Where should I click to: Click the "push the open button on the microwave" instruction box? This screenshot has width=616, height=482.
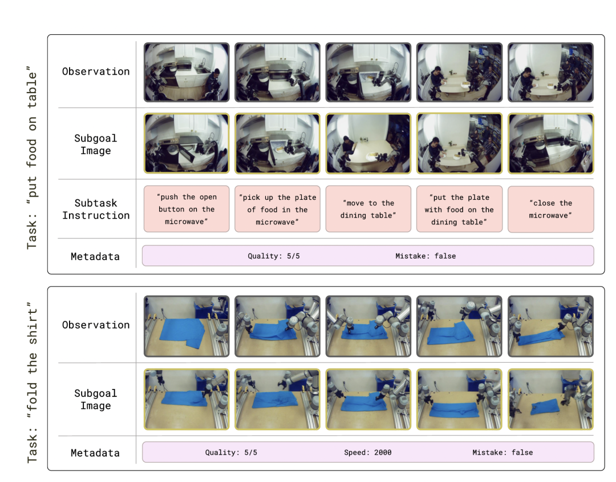[187, 209]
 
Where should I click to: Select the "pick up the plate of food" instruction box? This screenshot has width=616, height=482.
[277, 209]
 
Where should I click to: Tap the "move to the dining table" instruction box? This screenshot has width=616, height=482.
[368, 209]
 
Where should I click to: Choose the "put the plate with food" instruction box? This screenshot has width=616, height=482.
[459, 209]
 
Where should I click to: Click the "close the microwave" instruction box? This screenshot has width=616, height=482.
[551, 209]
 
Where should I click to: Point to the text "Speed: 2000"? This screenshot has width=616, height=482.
[368, 452]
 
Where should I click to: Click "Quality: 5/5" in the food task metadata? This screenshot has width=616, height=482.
[273, 256]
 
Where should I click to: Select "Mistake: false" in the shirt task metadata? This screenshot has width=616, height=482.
[502, 452]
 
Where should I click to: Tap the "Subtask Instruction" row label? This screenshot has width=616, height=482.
[96, 210]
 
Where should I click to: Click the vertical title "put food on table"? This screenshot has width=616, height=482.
[32, 158]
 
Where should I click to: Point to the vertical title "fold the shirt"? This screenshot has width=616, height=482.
[32, 383]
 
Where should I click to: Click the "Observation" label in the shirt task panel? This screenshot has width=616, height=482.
[96, 325]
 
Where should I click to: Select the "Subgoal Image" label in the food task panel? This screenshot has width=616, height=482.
[95, 144]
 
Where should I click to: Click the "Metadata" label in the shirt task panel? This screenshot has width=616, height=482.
[95, 453]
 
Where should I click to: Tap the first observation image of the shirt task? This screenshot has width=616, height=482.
[187, 326]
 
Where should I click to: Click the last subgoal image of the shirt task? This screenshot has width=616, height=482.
[551, 399]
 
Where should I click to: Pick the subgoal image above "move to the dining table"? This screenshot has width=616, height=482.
[368, 143]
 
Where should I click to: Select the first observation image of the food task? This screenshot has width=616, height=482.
[187, 73]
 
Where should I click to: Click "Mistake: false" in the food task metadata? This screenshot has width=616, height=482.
[425, 256]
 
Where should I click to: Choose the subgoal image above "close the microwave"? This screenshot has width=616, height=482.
[551, 143]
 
